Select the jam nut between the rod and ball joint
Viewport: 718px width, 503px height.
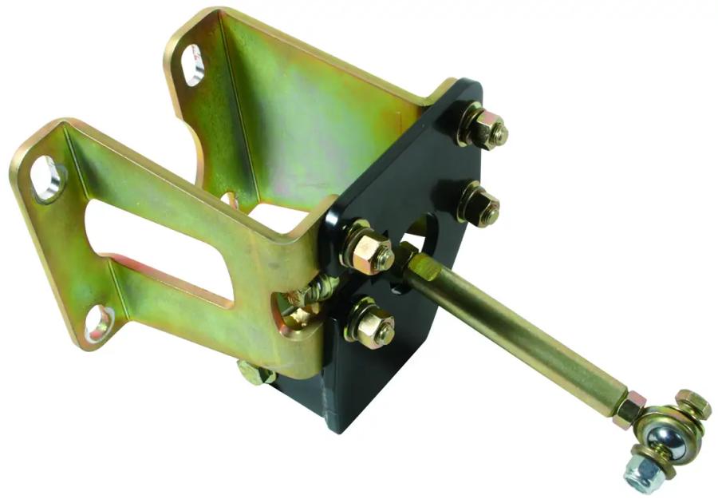(x=627, y=409)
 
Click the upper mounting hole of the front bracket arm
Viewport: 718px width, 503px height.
(x=46, y=177)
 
